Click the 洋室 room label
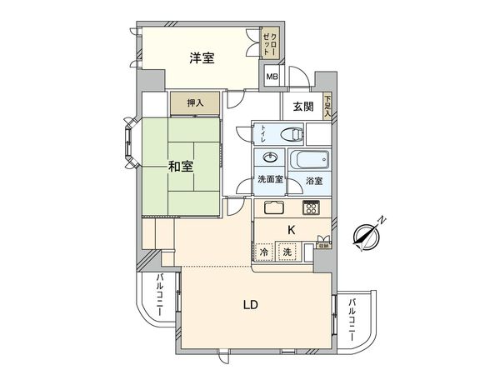click(202, 57)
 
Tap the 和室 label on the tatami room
click(181, 166)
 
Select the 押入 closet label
click(195, 103)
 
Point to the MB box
click(272, 77)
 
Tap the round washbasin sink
click(270, 159)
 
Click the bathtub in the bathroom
click(308, 160)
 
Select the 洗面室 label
click(270, 182)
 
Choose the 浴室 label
click(314, 182)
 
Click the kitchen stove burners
click(312, 208)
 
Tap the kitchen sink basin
click(274, 208)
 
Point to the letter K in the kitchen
click(292, 229)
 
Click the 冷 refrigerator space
click(264, 252)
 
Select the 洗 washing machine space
click(287, 252)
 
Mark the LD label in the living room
click(250, 304)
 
